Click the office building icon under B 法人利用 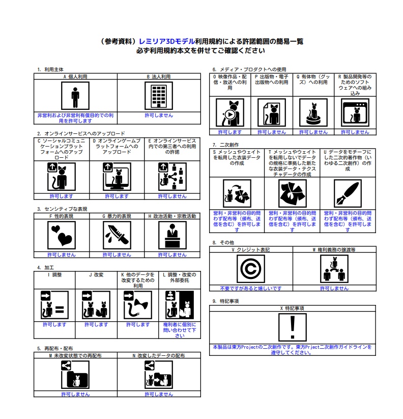[159, 96]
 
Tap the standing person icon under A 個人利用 [75, 96]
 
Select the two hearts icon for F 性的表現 [62, 235]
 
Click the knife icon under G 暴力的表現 [117, 235]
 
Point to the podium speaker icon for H [172, 235]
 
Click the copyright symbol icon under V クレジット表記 [251, 268]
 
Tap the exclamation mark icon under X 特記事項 [293, 327]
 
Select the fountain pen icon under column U [348, 193]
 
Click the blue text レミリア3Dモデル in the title [167, 41]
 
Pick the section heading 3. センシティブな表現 [62, 209]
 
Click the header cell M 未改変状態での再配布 [75, 356]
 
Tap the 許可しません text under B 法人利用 [159, 116]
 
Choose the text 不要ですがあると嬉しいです [251, 288]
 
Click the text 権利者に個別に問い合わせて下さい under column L [180, 330]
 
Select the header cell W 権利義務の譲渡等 [334, 249]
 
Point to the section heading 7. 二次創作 [225, 145]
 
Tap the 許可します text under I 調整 [54, 325]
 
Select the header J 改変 [96, 275]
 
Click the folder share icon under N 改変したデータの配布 [159, 375]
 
